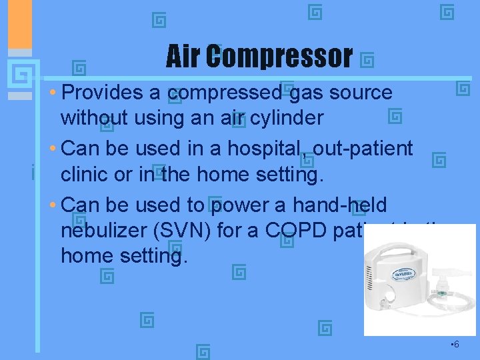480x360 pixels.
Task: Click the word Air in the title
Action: tap(183, 57)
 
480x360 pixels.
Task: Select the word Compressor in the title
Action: tap(279, 57)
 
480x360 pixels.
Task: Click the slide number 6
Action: tap(455, 345)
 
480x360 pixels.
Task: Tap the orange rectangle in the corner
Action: tap(15, 23)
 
